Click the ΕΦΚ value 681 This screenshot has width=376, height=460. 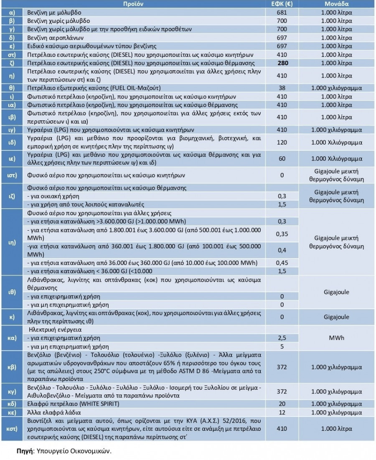point(282,13)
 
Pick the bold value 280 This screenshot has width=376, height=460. point(282,63)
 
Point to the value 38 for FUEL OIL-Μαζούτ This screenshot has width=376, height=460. point(282,88)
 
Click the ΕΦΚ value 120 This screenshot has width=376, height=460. point(282,142)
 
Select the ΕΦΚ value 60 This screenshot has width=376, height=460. point(282,159)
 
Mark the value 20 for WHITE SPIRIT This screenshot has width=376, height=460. point(282,404)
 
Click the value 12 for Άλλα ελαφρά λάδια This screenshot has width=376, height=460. point(282,412)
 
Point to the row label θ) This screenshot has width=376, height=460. point(12,88)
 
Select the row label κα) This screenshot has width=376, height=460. point(12,338)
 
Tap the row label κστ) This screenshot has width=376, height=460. point(12,429)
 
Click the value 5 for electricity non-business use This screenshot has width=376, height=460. point(282,346)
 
